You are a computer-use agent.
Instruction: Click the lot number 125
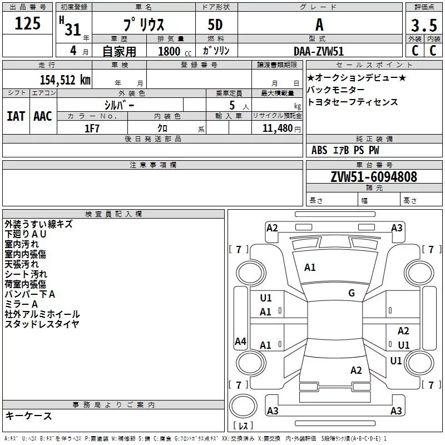tap(28, 24)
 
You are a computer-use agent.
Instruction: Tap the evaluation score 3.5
tap(424, 26)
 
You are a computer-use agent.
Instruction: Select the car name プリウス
tap(143, 26)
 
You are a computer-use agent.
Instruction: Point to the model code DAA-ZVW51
tap(319, 51)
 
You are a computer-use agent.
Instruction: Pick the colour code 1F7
tap(92, 127)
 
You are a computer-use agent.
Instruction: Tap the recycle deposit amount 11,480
tap(276, 128)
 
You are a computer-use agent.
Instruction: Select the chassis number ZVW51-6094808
tap(374, 177)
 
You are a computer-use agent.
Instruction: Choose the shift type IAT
tap(16, 116)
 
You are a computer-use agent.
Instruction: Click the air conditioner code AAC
tap(42, 116)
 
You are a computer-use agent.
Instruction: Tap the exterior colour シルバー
tap(119, 105)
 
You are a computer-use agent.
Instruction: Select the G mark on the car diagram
tap(352, 293)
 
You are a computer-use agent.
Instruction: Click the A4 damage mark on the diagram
tap(240, 342)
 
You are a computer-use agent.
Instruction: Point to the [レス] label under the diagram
tap(243, 426)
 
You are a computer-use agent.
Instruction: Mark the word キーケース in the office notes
tap(28, 416)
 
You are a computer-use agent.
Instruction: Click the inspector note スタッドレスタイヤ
tap(42, 324)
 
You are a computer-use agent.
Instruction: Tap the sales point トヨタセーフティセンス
tap(352, 102)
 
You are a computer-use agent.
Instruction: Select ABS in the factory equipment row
tap(319, 150)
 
